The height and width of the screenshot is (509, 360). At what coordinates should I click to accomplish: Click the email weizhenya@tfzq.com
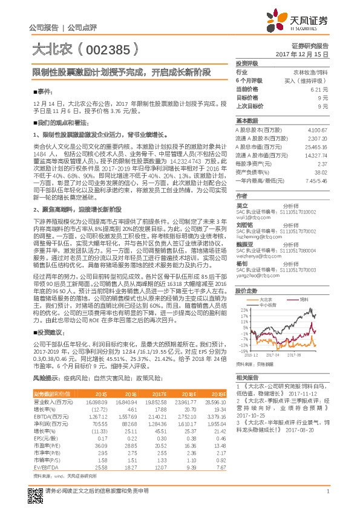257,256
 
